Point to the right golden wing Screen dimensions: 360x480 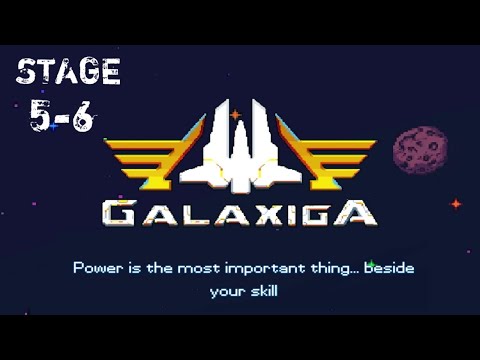pyautogui.click(x=322, y=158)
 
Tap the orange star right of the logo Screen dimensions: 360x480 pyautogui.click(x=455, y=204)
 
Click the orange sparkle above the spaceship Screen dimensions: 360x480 pyautogui.click(x=236, y=116)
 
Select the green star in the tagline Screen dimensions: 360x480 pyautogui.click(x=370, y=265)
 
